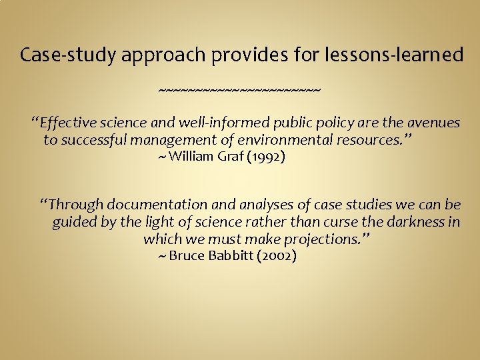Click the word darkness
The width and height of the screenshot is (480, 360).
click(406, 221)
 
